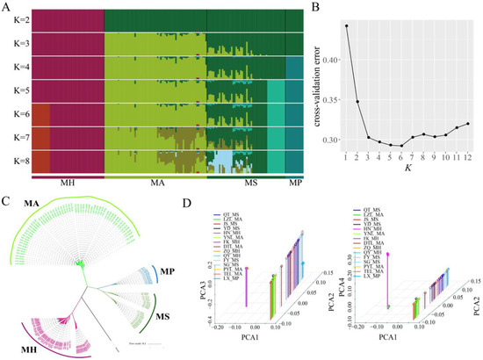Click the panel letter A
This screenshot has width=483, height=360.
point(6,7)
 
